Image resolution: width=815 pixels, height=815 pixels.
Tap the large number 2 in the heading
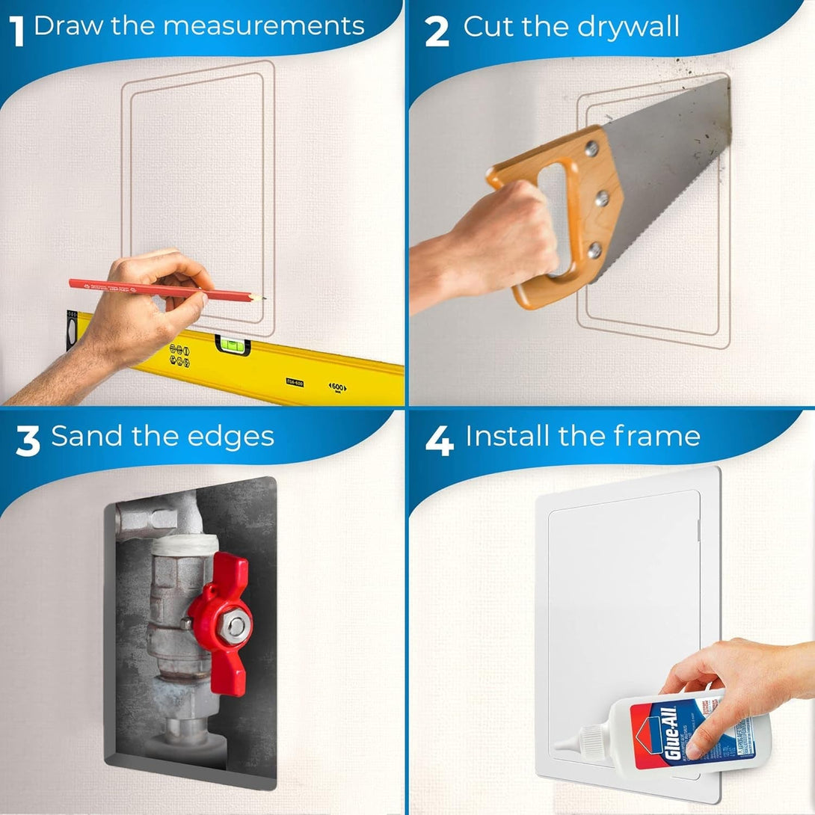point(437,31)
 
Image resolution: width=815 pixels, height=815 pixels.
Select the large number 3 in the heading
point(27,440)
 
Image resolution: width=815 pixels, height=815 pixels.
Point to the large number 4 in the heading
point(439,440)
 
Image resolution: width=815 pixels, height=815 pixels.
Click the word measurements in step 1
point(263,25)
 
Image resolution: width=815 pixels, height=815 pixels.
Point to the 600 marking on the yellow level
point(339,387)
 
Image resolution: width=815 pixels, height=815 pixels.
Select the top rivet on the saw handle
point(591,150)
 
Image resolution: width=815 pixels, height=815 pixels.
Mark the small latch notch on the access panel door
point(697,530)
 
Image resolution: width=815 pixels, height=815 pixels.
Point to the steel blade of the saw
point(665,172)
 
